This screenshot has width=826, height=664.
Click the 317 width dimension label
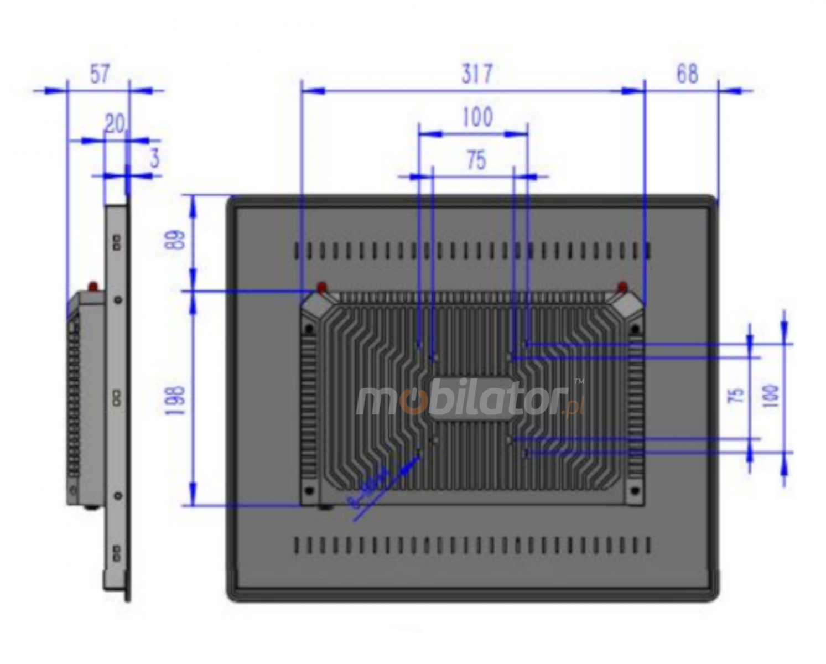tap(476, 74)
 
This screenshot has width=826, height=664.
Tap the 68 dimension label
tap(687, 74)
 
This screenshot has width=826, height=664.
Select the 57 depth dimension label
tap(100, 74)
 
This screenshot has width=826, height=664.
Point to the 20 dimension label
tap(115, 124)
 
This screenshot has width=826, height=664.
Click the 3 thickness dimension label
tap(154, 158)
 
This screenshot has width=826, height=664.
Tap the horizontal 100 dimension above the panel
tap(477, 117)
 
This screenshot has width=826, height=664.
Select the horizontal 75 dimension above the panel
tap(476, 160)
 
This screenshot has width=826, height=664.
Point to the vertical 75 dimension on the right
tap(736, 396)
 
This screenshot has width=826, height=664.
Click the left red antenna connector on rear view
tap(321, 287)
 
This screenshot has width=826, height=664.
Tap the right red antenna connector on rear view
tap(622, 287)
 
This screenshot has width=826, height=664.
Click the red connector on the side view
tap(93, 287)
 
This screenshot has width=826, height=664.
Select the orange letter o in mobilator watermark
tap(412, 402)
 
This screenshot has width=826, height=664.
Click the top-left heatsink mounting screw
tap(309, 330)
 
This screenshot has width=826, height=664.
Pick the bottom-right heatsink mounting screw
tap(635, 491)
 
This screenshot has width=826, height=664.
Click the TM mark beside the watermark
tap(579, 381)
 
